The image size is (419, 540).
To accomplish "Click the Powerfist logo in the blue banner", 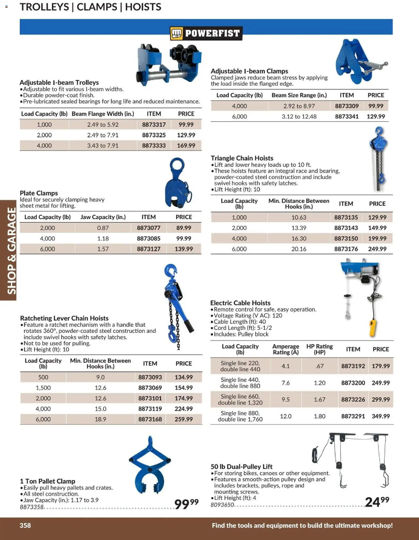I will (x=206, y=33).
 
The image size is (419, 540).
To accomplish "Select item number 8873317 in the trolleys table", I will (x=154, y=125).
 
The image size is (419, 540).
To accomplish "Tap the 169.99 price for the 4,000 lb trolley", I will (x=186, y=146).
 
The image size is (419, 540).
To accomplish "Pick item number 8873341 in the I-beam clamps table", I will (x=347, y=116).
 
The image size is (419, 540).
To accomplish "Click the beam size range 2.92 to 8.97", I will (x=299, y=106).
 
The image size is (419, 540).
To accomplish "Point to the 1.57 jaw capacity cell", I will (x=103, y=249).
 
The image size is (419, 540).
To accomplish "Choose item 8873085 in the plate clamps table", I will (x=148, y=239).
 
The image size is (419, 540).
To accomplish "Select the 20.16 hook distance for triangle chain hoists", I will (x=299, y=249).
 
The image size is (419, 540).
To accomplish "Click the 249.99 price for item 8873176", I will (x=377, y=249).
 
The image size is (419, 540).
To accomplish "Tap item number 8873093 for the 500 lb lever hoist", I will (x=150, y=377).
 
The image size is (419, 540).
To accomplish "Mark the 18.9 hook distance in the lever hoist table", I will (x=100, y=419).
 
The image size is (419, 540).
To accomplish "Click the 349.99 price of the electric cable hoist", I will (x=381, y=416).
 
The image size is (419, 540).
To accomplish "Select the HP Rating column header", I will (x=320, y=349).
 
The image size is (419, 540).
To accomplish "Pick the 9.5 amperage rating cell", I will (x=285, y=400).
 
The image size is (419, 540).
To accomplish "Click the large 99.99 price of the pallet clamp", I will (x=186, y=503).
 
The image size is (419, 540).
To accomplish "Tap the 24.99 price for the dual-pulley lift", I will (x=377, y=502).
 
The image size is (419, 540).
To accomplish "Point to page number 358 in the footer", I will (x=25, y=525).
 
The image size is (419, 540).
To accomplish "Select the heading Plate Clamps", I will (x=39, y=193).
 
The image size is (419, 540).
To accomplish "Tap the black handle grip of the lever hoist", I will (x=188, y=326).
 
